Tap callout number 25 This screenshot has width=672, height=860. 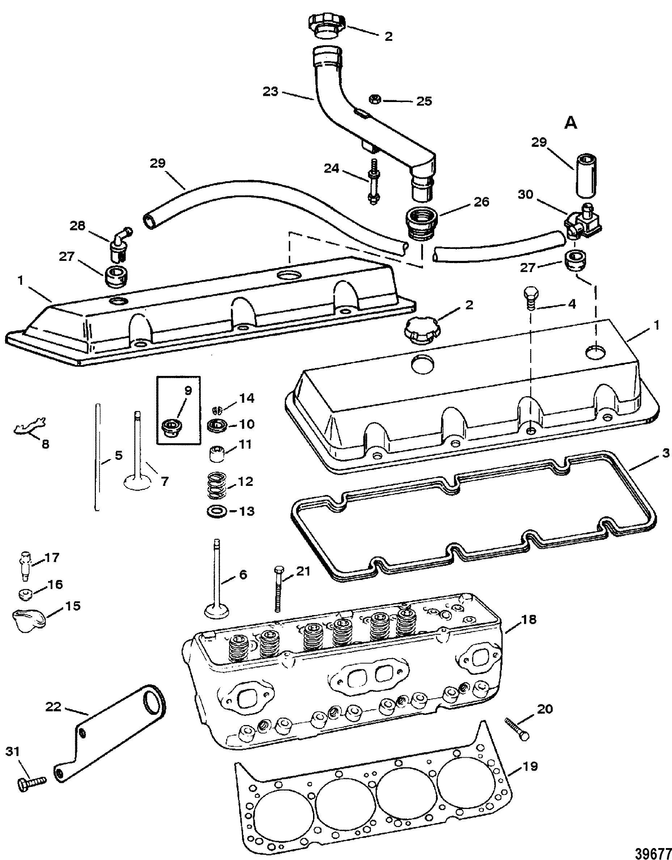(424, 101)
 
